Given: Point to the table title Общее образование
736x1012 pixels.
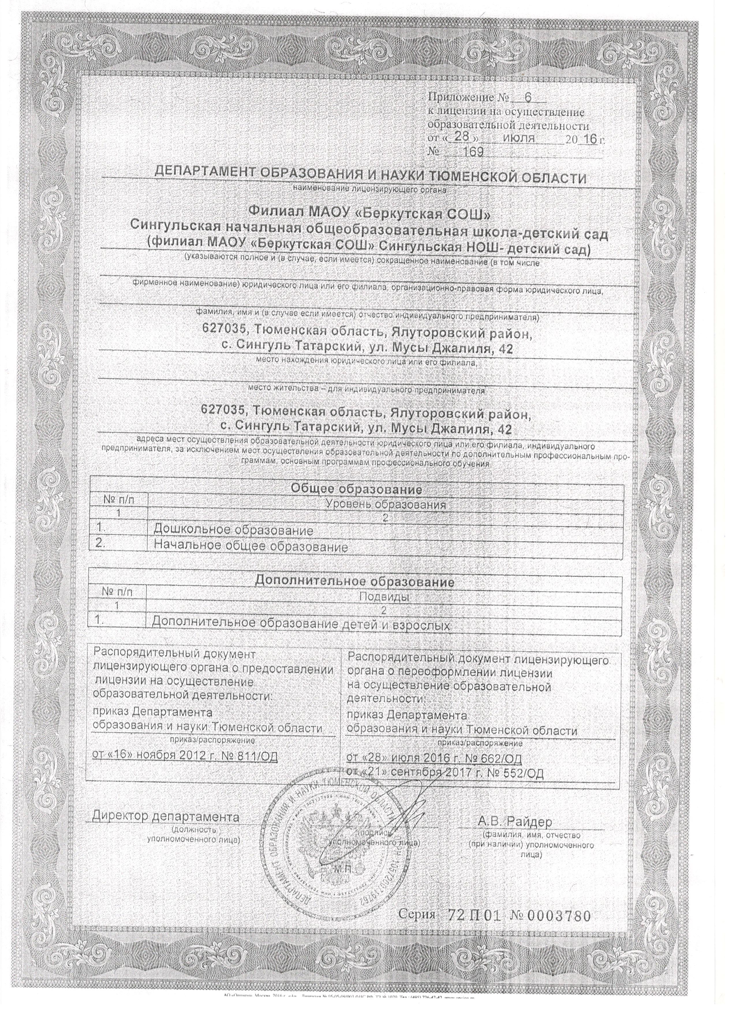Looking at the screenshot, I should tap(356, 489).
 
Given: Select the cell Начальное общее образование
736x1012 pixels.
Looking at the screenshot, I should tap(251, 547).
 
